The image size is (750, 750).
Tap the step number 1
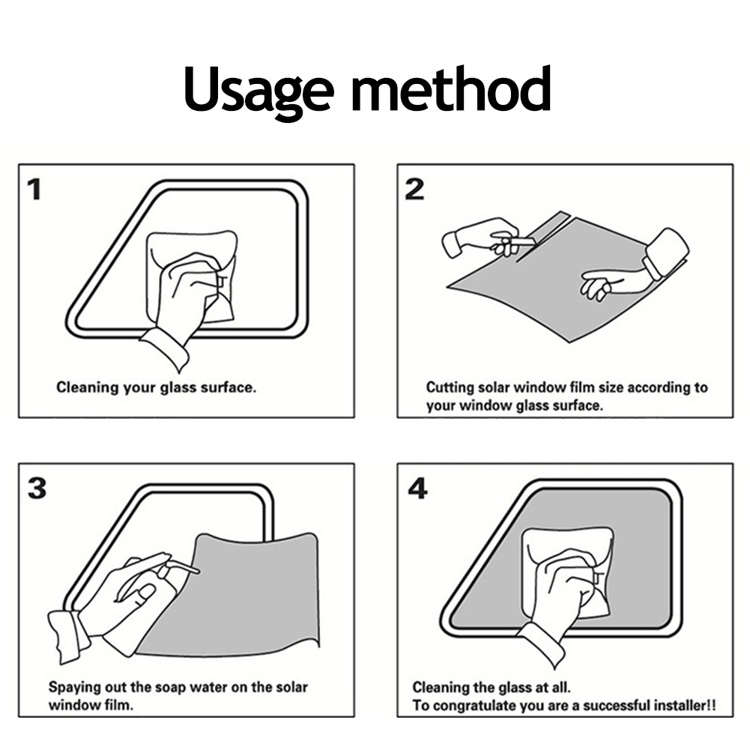[34, 190]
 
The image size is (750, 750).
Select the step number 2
[414, 190]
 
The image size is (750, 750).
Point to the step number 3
[37, 489]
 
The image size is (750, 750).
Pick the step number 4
[417, 489]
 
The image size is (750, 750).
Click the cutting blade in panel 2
[524, 241]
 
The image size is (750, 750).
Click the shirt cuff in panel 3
[67, 636]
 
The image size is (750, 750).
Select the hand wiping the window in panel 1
[184, 297]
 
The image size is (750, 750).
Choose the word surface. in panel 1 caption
[229, 387]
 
